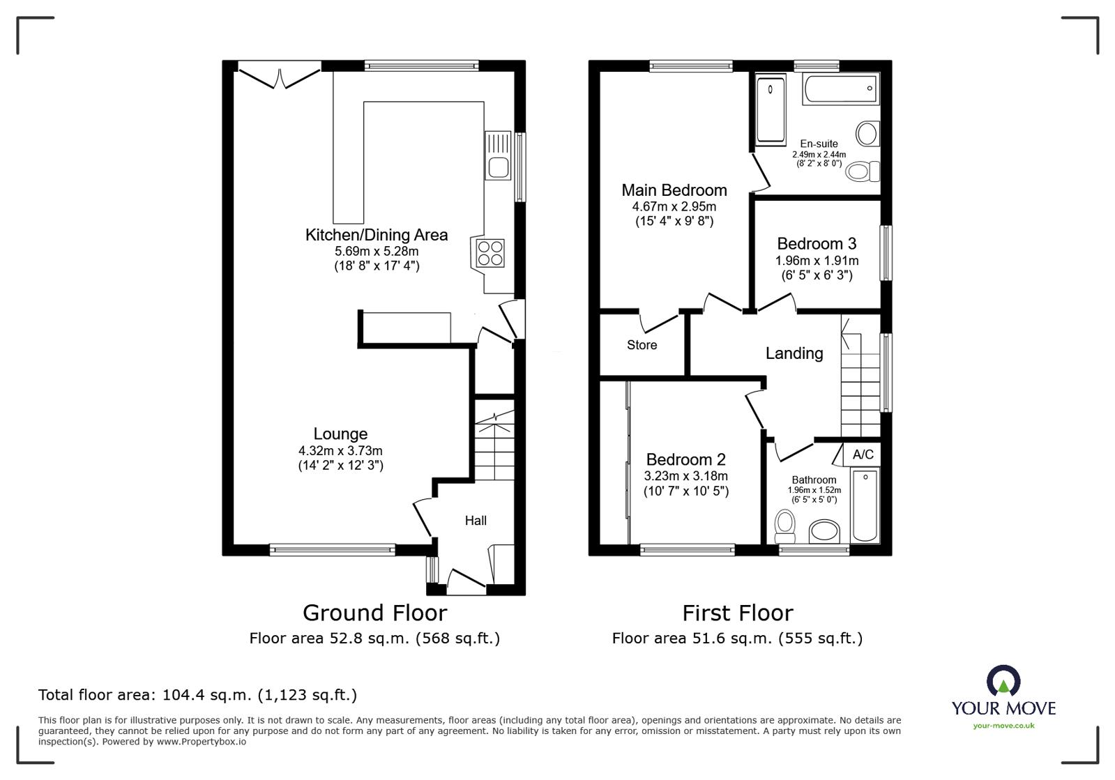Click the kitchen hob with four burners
click(x=490, y=253)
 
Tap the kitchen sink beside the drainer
click(x=499, y=167)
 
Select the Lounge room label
click(x=340, y=434)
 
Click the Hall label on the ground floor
click(x=476, y=520)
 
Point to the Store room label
click(x=642, y=345)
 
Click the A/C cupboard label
click(x=863, y=454)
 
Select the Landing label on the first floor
click(x=794, y=353)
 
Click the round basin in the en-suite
click(x=867, y=134)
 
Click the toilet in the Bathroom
click(x=785, y=526)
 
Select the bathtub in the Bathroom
click(x=865, y=505)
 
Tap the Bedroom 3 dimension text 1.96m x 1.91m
click(x=817, y=260)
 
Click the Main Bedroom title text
click(x=674, y=190)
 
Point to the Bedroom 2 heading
click(x=685, y=459)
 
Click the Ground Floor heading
click(x=375, y=613)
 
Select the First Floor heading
click(x=737, y=613)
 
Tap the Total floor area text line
click(x=197, y=695)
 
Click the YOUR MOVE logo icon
click(x=1003, y=680)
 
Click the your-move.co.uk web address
click(x=1003, y=726)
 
